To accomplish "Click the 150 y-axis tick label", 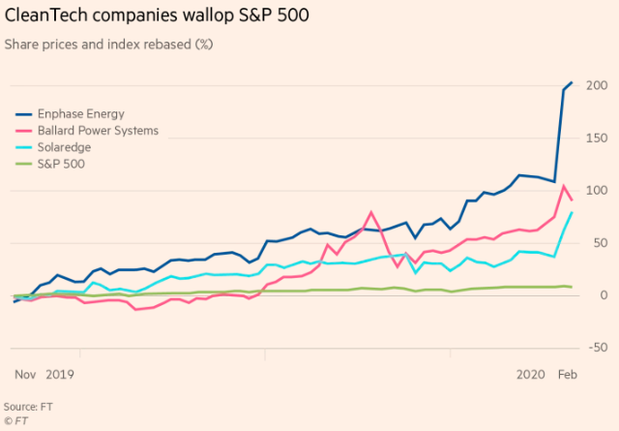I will point(596,139).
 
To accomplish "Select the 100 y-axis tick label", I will point(596,191).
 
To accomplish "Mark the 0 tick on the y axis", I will point(602,294).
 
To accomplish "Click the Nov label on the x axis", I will point(25,373).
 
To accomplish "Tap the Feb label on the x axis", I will point(569,373).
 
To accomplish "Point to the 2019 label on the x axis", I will point(60,373).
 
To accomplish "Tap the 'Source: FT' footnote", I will point(27,406).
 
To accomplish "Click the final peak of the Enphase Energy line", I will point(572,83).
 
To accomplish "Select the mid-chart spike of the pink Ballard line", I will point(371,212).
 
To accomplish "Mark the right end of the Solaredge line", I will point(572,212).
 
